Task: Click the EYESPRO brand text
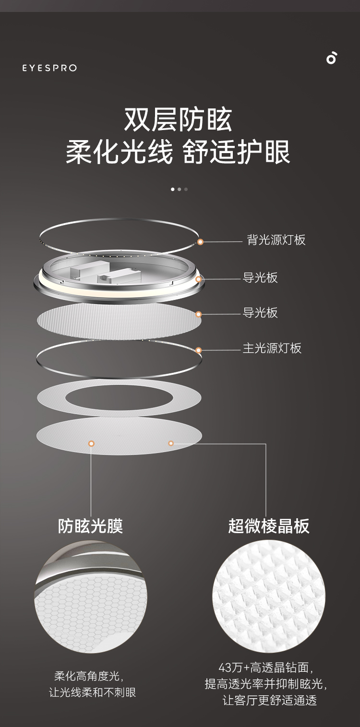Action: [49, 68]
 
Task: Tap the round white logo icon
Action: [332, 58]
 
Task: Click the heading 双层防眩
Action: [178, 120]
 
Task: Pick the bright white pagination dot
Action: [173, 189]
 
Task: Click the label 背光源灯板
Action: [276, 240]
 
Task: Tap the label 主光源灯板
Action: [272, 348]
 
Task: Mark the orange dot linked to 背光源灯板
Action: [201, 242]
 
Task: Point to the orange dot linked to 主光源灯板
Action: [199, 350]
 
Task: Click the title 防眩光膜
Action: [91, 526]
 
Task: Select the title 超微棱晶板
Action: [269, 526]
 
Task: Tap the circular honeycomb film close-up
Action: [91, 596]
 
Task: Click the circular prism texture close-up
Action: [269, 596]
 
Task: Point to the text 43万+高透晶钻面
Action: [268, 667]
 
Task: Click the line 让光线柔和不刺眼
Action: [92, 692]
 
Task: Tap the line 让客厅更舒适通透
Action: [269, 700]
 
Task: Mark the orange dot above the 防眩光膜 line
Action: [91, 443]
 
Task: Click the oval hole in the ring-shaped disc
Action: [119, 398]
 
